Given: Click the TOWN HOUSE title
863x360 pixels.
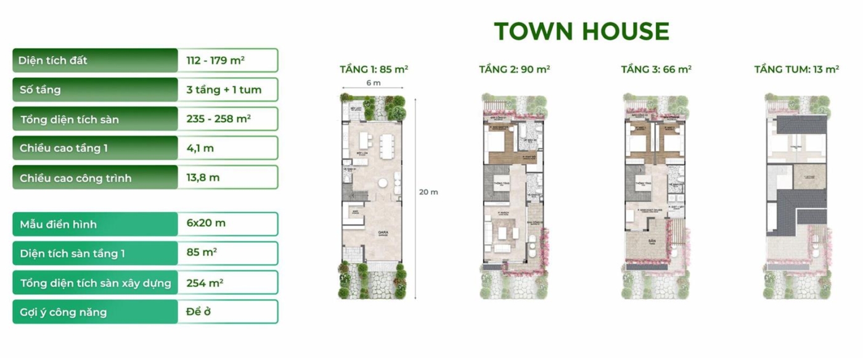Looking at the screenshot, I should point(581,31).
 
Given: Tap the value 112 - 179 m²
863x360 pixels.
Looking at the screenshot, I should point(214,60).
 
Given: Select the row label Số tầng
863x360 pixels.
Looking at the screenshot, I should point(40,90).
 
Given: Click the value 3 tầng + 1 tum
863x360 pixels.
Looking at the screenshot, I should point(224,90).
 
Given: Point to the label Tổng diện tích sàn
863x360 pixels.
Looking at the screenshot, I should point(69,119).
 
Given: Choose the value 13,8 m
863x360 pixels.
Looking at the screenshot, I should point(203,178).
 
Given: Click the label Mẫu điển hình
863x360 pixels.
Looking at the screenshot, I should point(58,224).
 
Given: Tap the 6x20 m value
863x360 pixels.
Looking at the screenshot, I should point(206,223).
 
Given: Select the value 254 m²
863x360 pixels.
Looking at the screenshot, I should point(205,284).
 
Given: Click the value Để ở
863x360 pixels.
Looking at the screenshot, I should point(198,313).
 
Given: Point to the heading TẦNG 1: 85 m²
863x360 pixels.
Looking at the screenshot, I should point(374,69).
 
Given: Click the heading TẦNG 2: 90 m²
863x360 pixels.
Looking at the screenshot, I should point(514,69).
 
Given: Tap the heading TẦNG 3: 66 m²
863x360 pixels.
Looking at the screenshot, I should point(656,69).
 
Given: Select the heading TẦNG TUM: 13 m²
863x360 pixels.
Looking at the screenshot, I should point(796,69).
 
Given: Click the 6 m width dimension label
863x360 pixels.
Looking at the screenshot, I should point(373,83).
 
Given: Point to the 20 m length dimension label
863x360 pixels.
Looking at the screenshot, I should point(428,192).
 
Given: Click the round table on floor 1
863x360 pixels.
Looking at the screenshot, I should point(383,182).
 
